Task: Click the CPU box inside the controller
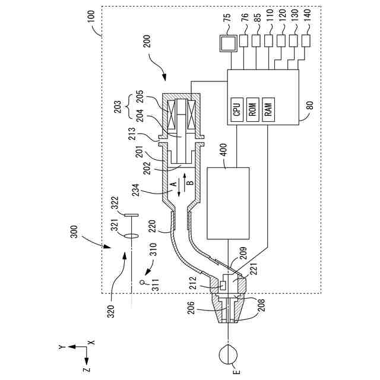(x=237, y=109)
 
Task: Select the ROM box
(x=252, y=109)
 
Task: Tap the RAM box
(x=268, y=109)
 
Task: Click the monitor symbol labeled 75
(x=228, y=43)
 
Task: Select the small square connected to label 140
(x=306, y=40)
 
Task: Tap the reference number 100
(x=92, y=17)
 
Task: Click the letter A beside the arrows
(x=174, y=185)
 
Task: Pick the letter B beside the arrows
(x=191, y=182)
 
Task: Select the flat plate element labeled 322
(x=131, y=215)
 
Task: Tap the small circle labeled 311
(x=142, y=283)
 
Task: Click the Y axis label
(x=62, y=347)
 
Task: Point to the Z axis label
(x=86, y=369)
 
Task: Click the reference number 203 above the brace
(x=118, y=107)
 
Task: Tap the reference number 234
(x=136, y=191)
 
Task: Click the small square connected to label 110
(x=268, y=40)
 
